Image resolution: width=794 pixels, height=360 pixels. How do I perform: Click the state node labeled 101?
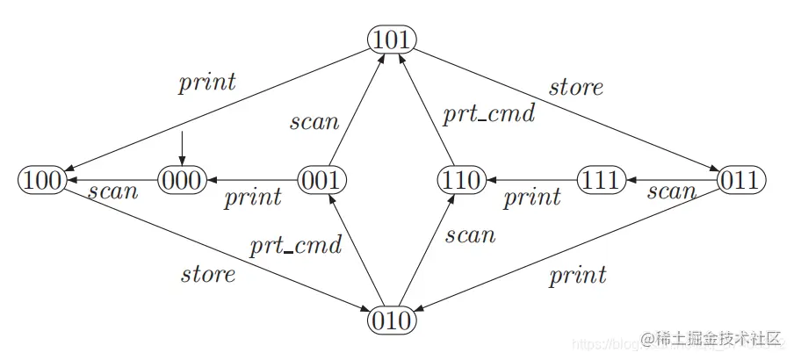391,40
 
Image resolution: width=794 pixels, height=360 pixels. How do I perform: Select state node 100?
41,181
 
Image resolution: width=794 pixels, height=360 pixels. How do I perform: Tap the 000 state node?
182,181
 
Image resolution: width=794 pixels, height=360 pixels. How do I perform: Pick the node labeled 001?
321,181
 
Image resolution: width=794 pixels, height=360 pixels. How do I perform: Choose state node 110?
461,181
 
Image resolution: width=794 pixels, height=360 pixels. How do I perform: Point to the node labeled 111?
601,181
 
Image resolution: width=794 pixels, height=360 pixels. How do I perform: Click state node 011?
741,181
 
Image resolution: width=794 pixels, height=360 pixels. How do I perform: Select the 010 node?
391,320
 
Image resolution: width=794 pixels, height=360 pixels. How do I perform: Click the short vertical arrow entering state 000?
182,147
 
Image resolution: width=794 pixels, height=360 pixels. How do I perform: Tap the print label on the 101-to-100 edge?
207,83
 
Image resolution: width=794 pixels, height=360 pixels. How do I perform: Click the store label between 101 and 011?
576,87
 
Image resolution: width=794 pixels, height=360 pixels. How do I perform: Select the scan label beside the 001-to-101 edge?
314,121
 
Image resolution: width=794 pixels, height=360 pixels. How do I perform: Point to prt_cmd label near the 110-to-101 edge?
488,114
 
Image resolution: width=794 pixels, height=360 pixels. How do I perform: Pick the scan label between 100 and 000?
113,191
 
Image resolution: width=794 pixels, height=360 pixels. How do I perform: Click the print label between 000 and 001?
253,197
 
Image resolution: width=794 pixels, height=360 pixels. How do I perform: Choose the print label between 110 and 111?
531,197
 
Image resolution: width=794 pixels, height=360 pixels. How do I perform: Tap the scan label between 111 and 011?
672,191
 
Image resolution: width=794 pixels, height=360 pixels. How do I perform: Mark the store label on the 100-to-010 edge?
208,274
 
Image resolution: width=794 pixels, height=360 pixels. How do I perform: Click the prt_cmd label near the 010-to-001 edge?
295,247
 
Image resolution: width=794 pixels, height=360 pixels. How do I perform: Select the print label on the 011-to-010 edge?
577,277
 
